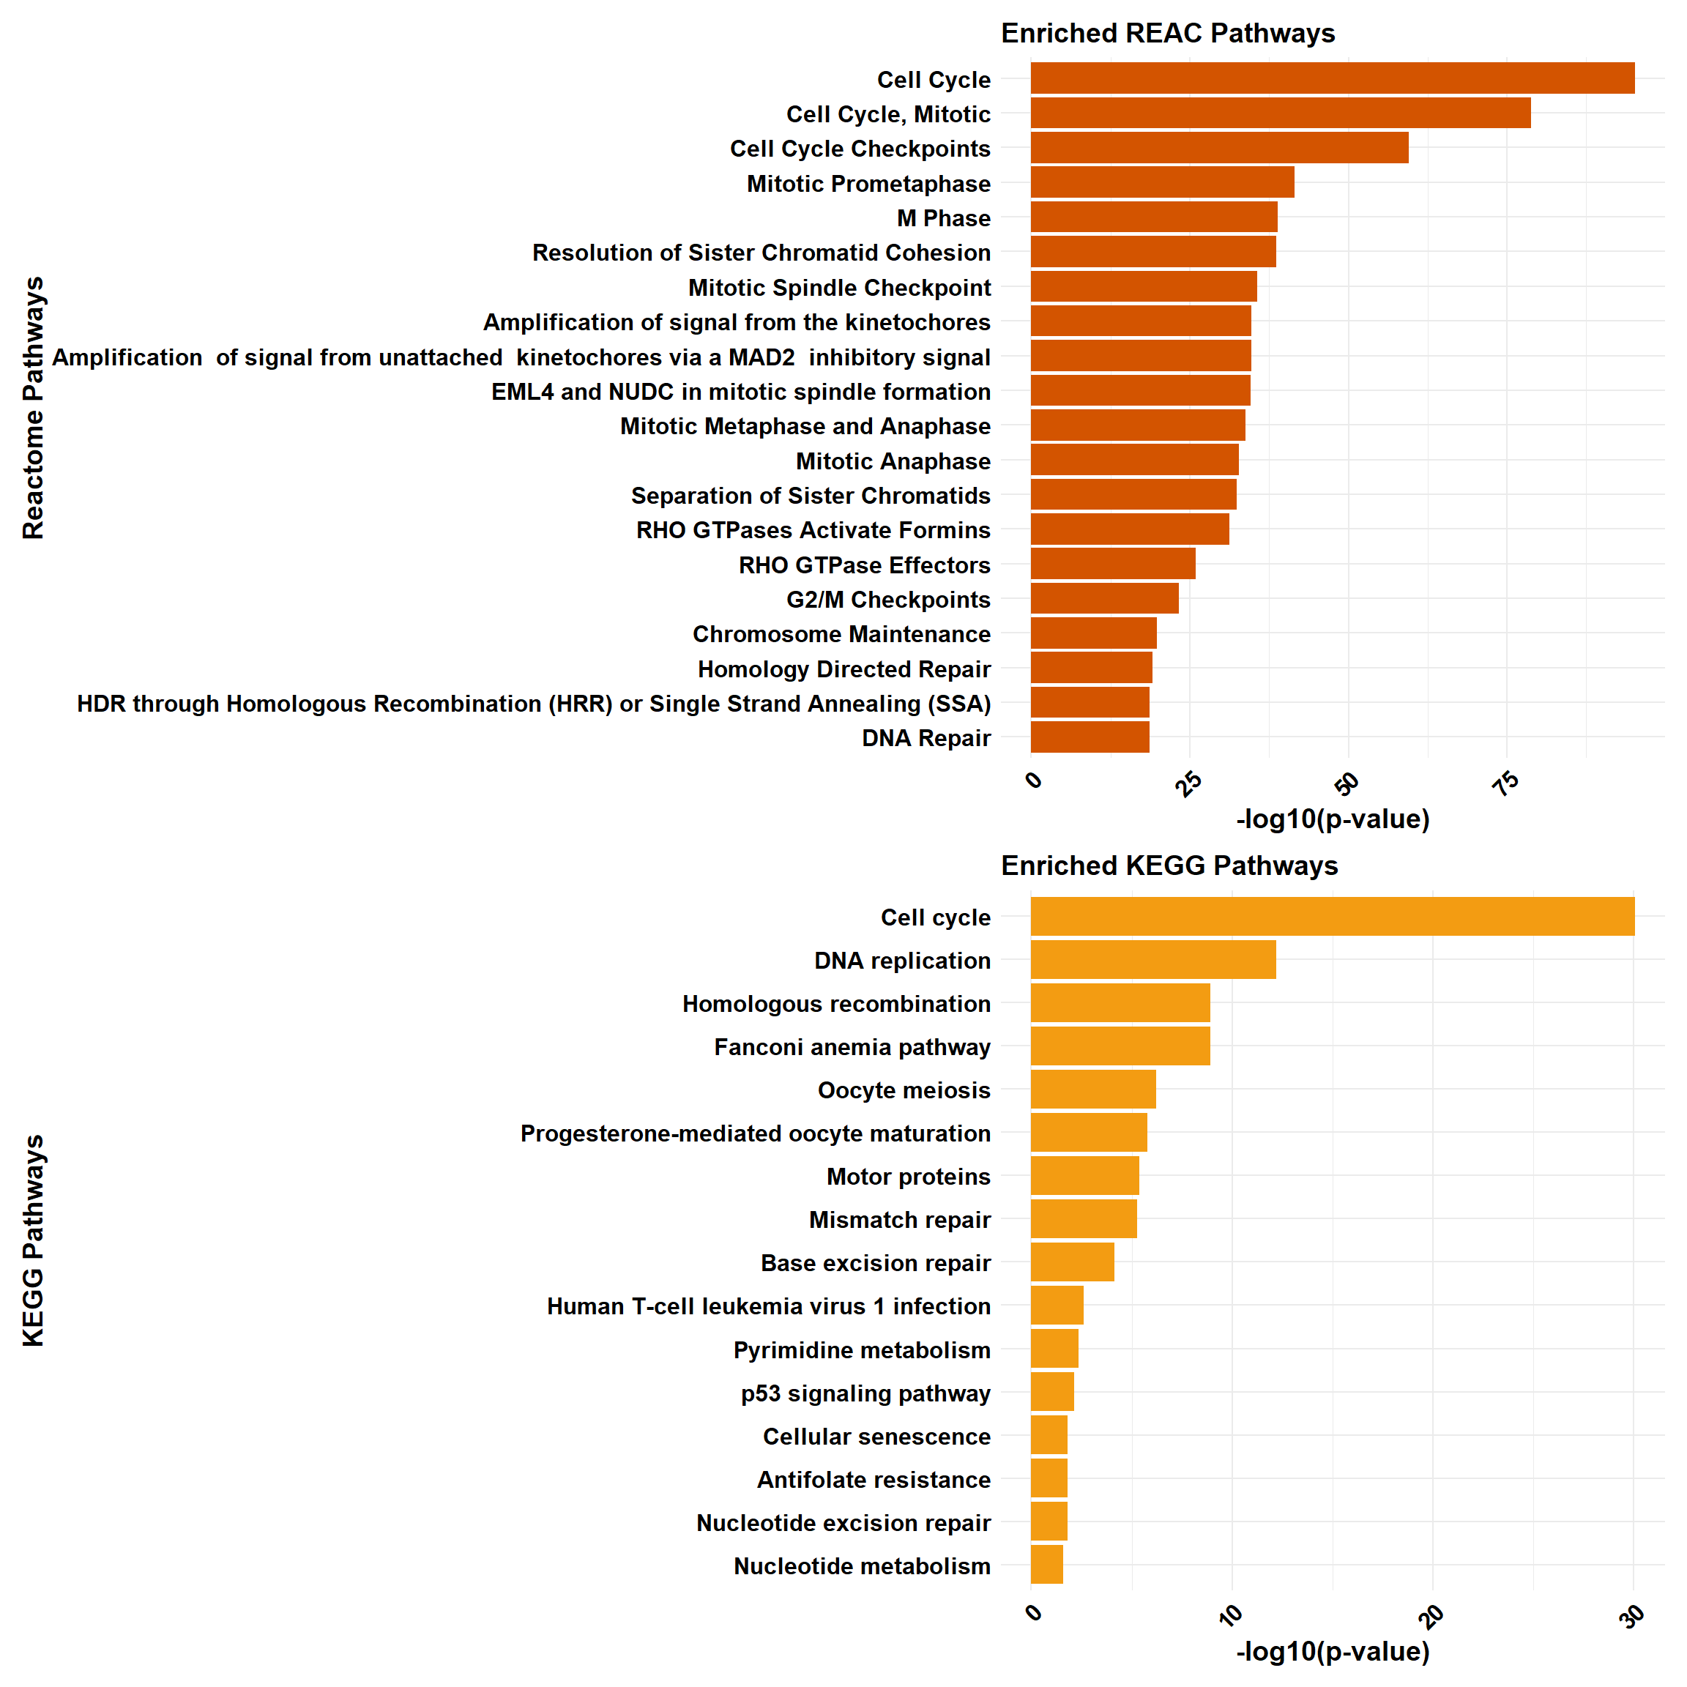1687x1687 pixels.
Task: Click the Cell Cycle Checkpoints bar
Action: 1219,148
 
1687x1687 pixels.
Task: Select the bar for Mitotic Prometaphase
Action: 1161,182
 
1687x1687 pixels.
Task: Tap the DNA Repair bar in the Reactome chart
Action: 1089,737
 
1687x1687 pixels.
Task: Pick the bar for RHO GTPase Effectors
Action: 1112,564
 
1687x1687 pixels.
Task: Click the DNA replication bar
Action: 1152,960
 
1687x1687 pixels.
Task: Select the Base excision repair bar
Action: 1071,1262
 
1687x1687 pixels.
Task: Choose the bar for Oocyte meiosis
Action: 1092,1089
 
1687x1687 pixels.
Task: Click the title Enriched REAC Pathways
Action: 1167,33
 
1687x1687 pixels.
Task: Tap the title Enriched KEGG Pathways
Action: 1169,865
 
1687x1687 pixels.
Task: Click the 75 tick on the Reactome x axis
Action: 1506,783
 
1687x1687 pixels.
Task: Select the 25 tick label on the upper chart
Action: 1188,783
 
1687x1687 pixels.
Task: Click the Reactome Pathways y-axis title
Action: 33,408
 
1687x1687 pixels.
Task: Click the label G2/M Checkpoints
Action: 888,600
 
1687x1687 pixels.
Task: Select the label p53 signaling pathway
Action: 865,1393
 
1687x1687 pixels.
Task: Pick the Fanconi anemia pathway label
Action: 852,1047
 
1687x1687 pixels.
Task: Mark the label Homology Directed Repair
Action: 843,669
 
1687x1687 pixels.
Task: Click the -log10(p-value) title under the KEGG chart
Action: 1333,1651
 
